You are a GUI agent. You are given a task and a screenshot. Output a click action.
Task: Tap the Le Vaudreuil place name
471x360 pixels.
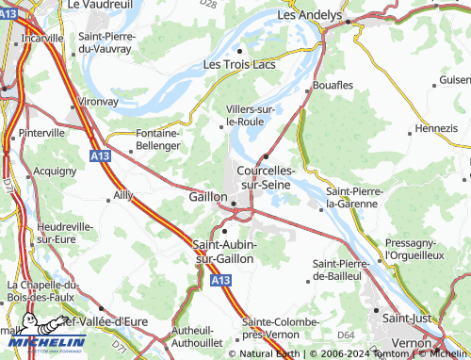[98, 5]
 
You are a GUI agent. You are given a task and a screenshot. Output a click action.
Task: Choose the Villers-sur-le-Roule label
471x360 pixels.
[251, 115]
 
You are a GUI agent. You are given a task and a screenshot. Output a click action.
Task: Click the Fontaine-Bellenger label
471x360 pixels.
[145, 139]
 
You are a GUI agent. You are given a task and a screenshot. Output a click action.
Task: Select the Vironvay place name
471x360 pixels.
[97, 98]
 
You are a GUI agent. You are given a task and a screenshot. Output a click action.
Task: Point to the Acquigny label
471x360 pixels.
[55, 172]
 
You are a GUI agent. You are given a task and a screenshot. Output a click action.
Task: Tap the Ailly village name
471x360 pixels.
[122, 195]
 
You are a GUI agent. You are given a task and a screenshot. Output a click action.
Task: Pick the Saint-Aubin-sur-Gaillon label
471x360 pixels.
[225, 252]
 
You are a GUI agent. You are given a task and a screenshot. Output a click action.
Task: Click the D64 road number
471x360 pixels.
[346, 335]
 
